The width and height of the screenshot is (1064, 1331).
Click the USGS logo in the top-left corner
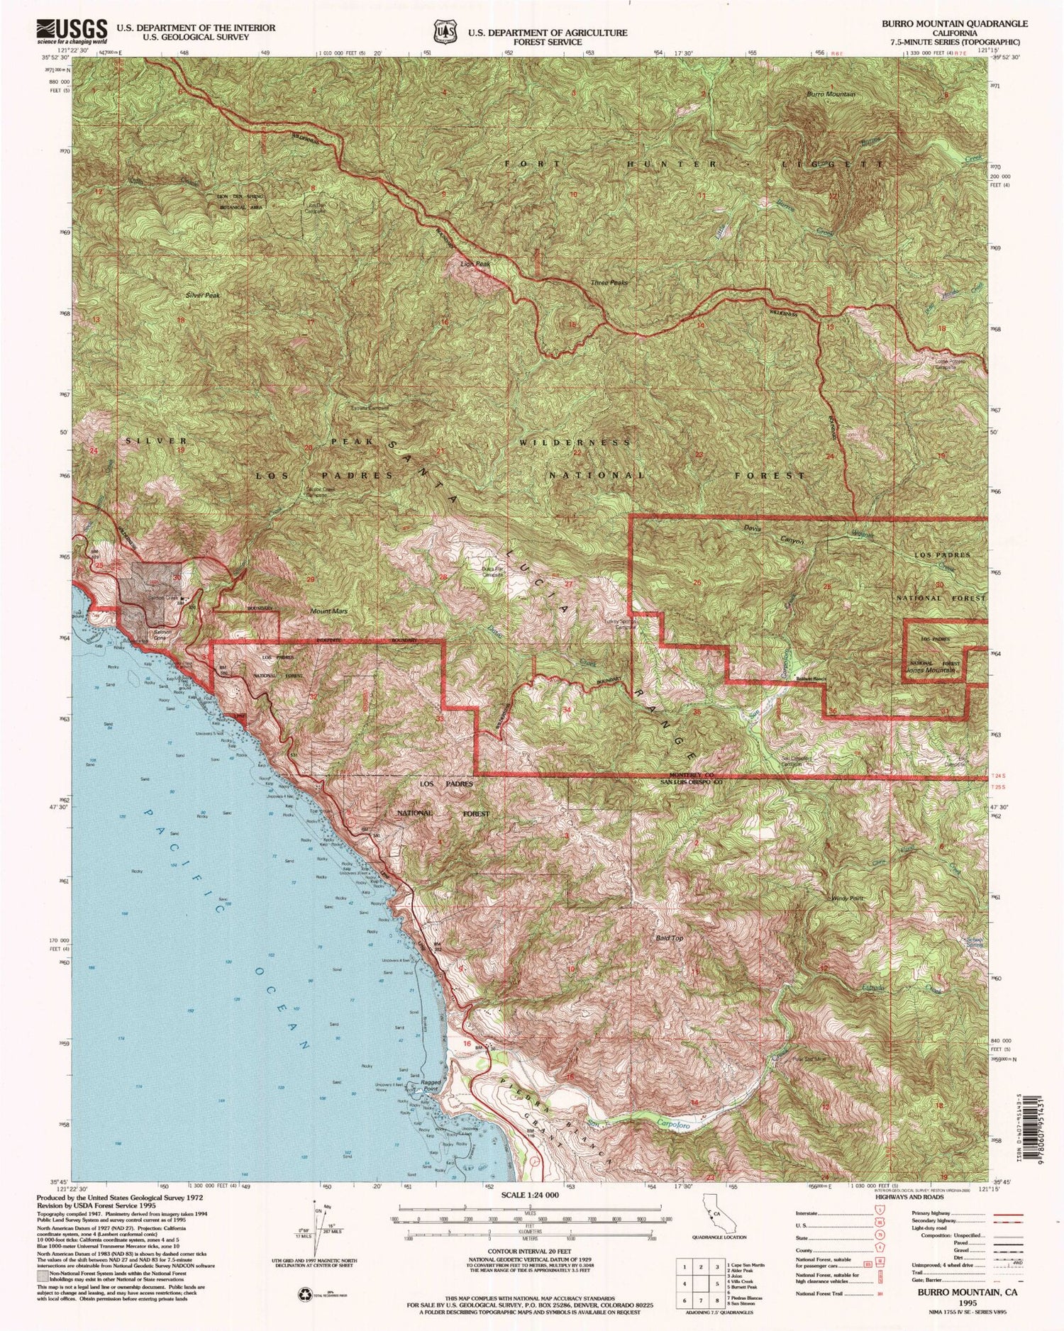pyautogui.click(x=71, y=32)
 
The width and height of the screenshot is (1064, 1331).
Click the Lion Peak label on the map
pyautogui.click(x=475, y=264)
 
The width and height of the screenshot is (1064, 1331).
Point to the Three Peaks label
pyautogui.click(x=609, y=282)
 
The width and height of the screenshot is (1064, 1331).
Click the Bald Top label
pyautogui.click(x=669, y=938)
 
